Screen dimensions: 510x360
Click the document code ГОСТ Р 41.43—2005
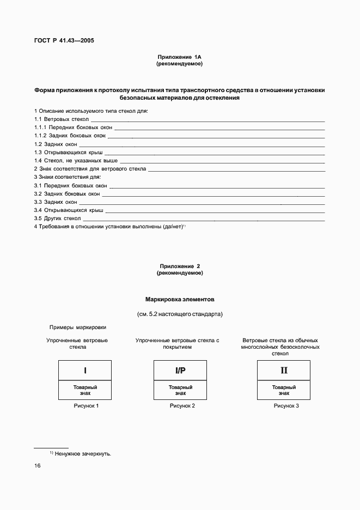[64, 40]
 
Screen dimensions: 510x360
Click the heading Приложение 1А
[179, 57]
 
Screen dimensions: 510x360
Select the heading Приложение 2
[179, 266]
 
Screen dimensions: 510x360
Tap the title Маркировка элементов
[180, 300]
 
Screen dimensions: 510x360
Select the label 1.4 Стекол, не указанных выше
[76, 161]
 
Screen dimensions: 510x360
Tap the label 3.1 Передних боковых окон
[70, 186]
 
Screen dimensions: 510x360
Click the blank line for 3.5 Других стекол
[204, 220]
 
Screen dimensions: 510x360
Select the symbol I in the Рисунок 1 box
[85, 371]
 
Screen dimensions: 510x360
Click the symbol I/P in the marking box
[180, 371]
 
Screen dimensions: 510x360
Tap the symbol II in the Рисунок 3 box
[284, 371]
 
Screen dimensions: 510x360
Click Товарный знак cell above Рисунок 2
[180, 390]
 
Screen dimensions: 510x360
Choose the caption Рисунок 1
[86, 406]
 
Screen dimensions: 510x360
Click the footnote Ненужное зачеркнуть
[83, 453]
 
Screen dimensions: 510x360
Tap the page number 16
[38, 466]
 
